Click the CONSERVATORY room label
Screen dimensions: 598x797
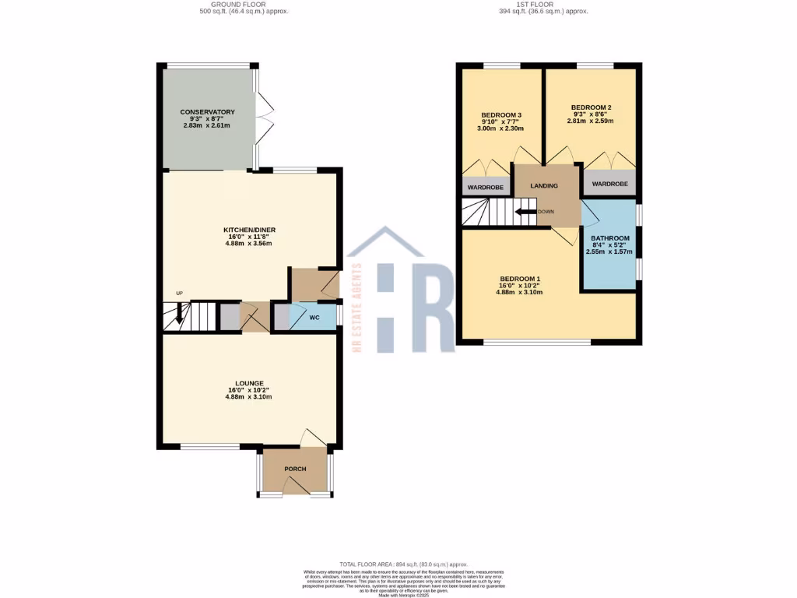[x=207, y=112]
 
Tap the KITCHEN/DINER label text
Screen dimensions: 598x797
[x=249, y=230]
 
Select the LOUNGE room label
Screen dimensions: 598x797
[x=249, y=383]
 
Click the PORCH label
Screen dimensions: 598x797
[x=295, y=469]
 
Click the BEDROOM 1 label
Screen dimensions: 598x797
[x=520, y=279]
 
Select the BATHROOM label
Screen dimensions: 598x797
[x=609, y=238]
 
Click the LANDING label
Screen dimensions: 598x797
[x=544, y=186]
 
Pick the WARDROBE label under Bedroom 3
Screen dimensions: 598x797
[x=485, y=188]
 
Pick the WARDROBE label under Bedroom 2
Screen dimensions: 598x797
[x=609, y=185]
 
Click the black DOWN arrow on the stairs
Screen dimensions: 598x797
[x=525, y=211]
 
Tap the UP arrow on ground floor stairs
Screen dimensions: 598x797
[x=180, y=313]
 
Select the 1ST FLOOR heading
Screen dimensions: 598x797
[x=543, y=4]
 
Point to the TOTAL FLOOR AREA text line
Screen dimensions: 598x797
[x=403, y=564]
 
